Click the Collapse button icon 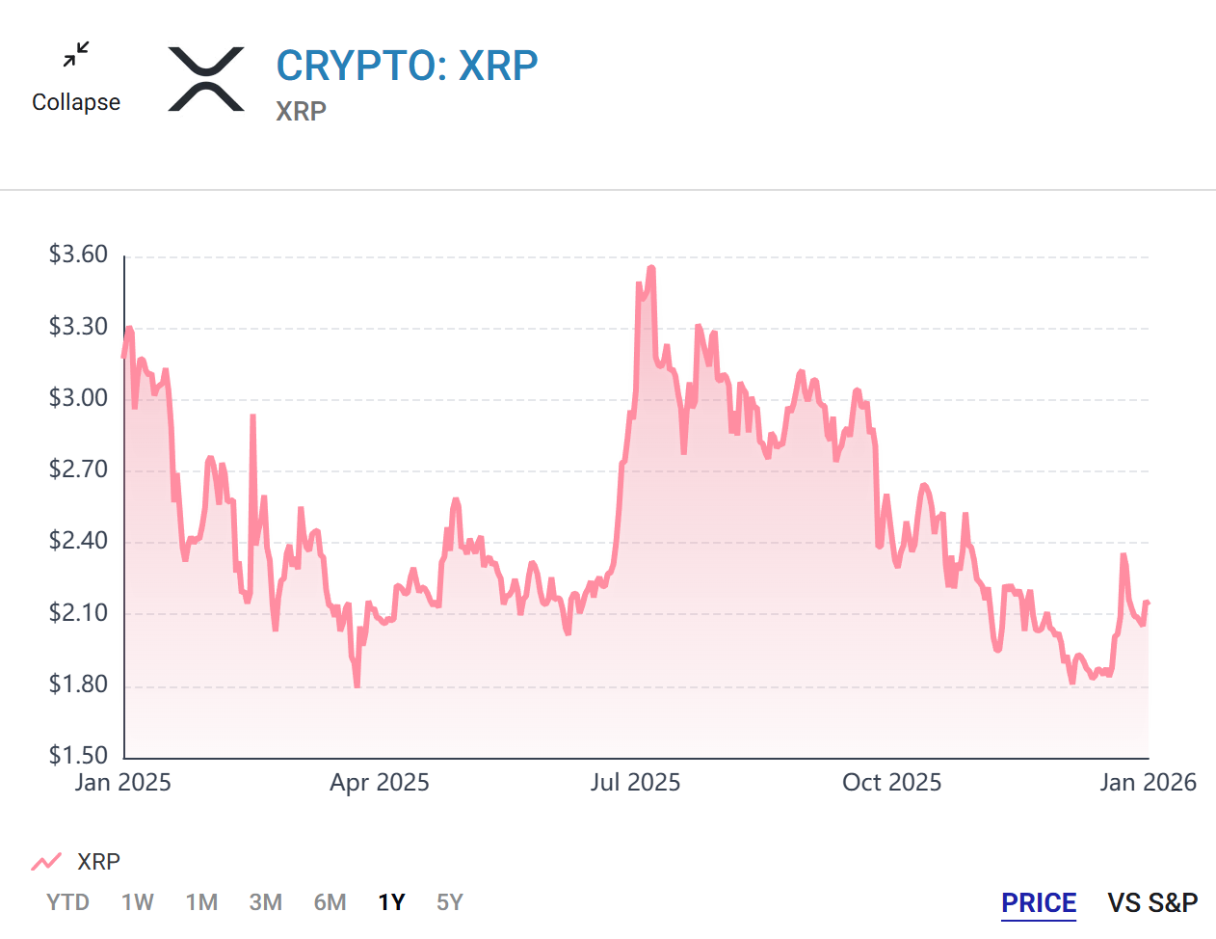pyautogui.click(x=76, y=55)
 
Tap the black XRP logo pyautogui.click(x=206, y=79)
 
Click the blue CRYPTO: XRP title pyautogui.click(x=407, y=66)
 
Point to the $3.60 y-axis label pyautogui.click(x=78, y=255)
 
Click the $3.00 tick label pyautogui.click(x=78, y=397)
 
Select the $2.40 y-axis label pyautogui.click(x=78, y=540)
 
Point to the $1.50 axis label pyautogui.click(x=78, y=755)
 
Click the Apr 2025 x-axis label pyautogui.click(x=380, y=782)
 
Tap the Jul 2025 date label pyautogui.click(x=635, y=782)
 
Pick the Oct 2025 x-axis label pyautogui.click(x=891, y=782)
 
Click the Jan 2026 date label pyautogui.click(x=1148, y=782)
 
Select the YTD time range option pyautogui.click(x=68, y=902)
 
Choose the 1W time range pyautogui.click(x=138, y=902)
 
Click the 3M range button pyautogui.click(x=266, y=902)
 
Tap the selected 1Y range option pyautogui.click(x=391, y=902)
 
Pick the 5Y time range pyautogui.click(x=450, y=902)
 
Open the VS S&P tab pyautogui.click(x=1152, y=903)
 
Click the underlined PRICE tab pyautogui.click(x=1039, y=903)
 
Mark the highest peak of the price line pyautogui.click(x=651, y=268)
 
